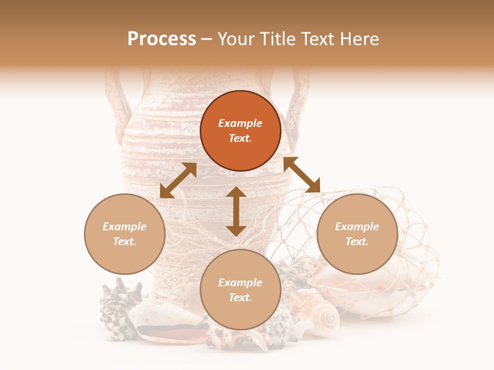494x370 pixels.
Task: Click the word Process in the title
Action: [x=162, y=39]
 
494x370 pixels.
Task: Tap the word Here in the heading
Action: [x=359, y=39]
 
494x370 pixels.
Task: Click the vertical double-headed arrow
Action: [x=236, y=211]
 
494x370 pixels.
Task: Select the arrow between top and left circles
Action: [x=178, y=180]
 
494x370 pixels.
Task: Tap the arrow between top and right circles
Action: [x=302, y=175]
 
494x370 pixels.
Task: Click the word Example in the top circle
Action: [x=240, y=123]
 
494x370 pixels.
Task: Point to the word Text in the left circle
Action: [x=125, y=242]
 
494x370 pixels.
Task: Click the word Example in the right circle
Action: [x=357, y=227]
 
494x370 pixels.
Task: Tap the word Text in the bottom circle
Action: [x=240, y=298]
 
